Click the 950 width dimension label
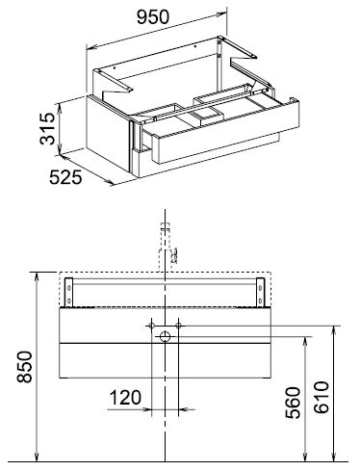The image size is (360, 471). coord(153,17)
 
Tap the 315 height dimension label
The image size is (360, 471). coord(47,128)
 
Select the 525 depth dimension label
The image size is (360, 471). coord(65,177)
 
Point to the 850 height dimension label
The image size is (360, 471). coord(25,367)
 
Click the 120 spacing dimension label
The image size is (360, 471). coord(125,397)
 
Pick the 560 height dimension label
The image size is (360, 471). coord(294,403)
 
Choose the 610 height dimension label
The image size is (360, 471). coord(321,397)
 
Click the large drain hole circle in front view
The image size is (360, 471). coord(165,336)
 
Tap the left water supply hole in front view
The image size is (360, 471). coord(151,326)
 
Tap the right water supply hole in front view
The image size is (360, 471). coord(179,326)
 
